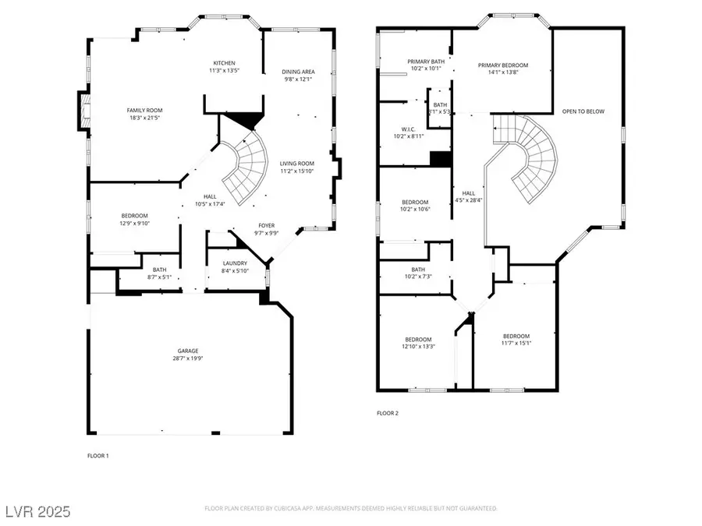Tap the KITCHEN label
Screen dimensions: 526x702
tap(225, 63)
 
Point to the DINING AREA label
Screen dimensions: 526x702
tap(298, 72)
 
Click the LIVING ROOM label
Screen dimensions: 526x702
tap(296, 163)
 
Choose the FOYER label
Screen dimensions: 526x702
tap(267, 226)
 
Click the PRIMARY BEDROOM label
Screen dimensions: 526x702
tap(503, 65)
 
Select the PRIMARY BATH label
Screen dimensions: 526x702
tap(425, 61)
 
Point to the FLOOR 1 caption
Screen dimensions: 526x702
tap(97, 455)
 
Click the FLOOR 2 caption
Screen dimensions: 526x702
tap(388, 413)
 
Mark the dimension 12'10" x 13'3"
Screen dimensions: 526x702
tap(417, 346)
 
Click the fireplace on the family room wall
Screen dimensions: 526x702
tap(81, 111)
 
